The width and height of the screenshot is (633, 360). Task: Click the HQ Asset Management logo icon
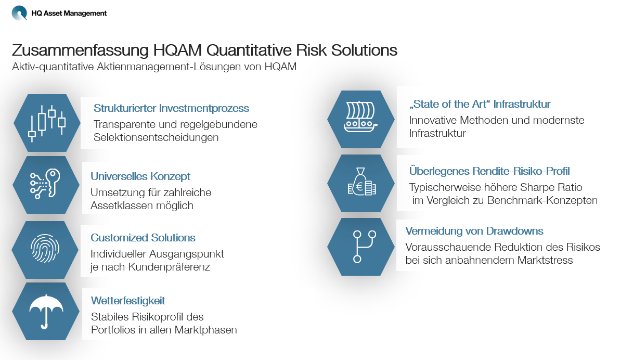[19, 12]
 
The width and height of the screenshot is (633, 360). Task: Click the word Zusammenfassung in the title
[80, 50]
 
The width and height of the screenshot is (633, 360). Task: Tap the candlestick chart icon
[47, 123]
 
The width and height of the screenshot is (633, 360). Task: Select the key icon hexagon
[46, 185]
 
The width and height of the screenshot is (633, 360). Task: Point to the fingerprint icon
[45, 248]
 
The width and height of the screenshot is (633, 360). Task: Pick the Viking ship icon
[360, 117]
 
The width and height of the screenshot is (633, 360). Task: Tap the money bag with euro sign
[361, 182]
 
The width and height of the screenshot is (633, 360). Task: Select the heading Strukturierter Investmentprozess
[171, 108]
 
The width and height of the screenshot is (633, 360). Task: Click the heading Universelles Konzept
[140, 176]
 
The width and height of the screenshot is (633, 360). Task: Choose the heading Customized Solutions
[143, 238]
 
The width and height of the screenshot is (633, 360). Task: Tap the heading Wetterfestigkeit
[128, 301]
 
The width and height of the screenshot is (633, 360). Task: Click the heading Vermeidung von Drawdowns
[474, 231]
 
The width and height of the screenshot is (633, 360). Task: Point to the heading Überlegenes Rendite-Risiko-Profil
[489, 171]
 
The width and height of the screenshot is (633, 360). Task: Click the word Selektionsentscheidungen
[156, 137]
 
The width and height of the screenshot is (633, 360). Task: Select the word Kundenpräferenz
[169, 267]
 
